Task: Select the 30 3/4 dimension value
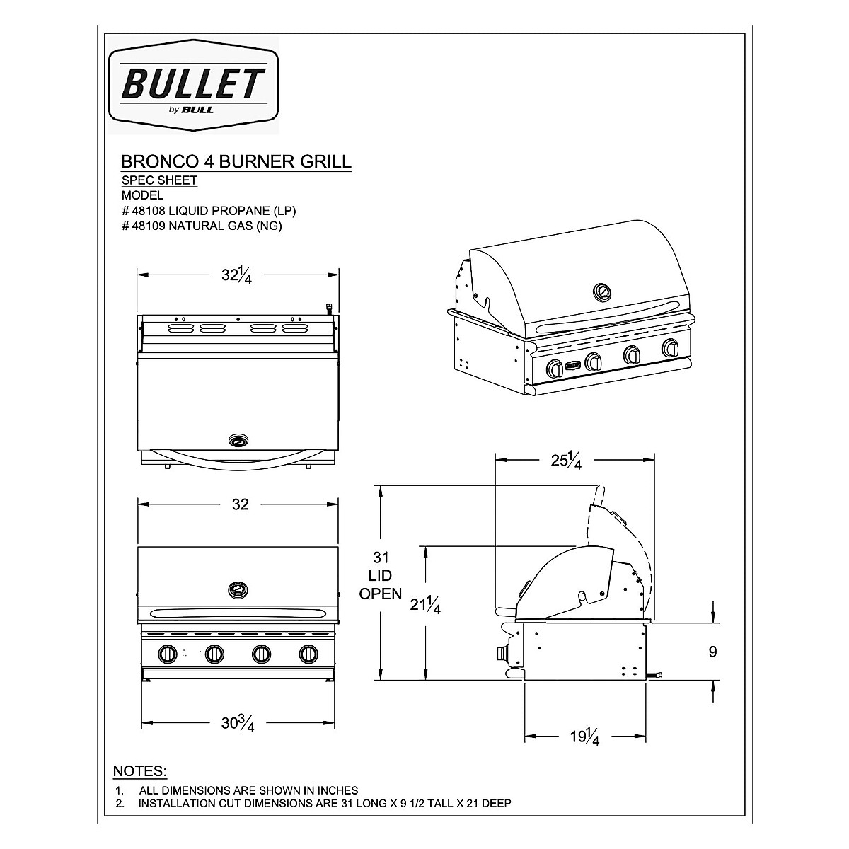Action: (x=237, y=722)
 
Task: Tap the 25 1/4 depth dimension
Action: (x=567, y=461)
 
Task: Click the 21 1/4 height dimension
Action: (x=425, y=605)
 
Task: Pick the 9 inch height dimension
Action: (x=712, y=651)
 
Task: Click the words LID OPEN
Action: (x=381, y=584)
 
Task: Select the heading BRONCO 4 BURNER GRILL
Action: (x=236, y=161)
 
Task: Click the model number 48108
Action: (x=151, y=210)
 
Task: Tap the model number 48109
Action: (x=151, y=226)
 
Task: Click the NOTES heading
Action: (x=140, y=770)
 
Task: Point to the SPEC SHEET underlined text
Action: (x=160, y=180)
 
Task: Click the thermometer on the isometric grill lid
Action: (x=603, y=291)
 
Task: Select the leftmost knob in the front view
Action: (x=168, y=654)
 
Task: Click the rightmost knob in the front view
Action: (x=308, y=654)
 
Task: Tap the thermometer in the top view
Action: (x=238, y=440)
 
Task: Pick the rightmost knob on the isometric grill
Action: (x=669, y=348)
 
